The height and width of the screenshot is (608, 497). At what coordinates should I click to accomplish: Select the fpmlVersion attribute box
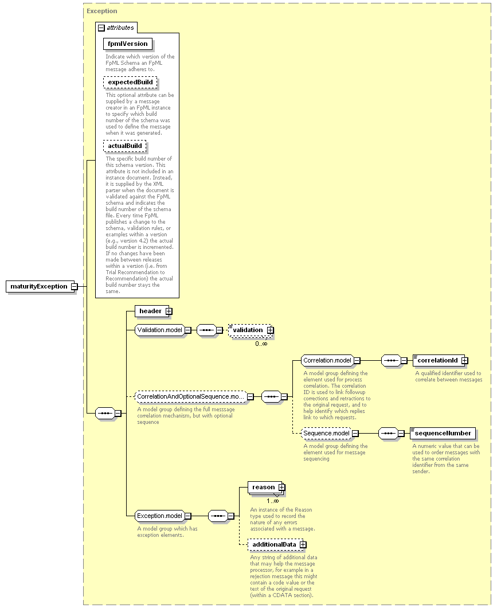coord(127,44)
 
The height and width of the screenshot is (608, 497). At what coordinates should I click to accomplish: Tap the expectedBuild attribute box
coord(130,82)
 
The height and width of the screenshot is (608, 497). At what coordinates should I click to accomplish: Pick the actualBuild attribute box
coord(125,146)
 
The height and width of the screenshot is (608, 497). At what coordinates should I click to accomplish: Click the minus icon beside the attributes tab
coord(101,28)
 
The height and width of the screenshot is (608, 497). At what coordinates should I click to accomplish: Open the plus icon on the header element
coord(169,311)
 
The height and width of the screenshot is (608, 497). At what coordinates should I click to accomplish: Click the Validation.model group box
coord(159,330)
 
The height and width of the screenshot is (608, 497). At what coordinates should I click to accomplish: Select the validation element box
coord(251,330)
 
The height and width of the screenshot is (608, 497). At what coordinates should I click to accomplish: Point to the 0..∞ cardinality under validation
coord(261,344)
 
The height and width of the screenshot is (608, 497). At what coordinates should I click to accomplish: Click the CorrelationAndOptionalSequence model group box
coord(190,397)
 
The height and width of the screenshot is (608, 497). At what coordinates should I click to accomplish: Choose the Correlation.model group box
coord(327,361)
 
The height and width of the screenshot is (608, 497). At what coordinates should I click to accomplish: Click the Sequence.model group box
coord(326,433)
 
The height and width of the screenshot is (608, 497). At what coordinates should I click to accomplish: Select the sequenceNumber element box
coord(443,433)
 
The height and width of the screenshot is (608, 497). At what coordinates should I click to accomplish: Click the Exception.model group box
coord(159,516)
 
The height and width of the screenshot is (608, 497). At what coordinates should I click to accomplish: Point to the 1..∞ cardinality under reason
coord(273,501)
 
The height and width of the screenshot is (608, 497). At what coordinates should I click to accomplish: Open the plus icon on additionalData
coord(303,545)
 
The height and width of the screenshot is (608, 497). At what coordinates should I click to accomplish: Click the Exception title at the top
coord(102,11)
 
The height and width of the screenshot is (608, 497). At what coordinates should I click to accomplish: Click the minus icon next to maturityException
coord(75,287)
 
